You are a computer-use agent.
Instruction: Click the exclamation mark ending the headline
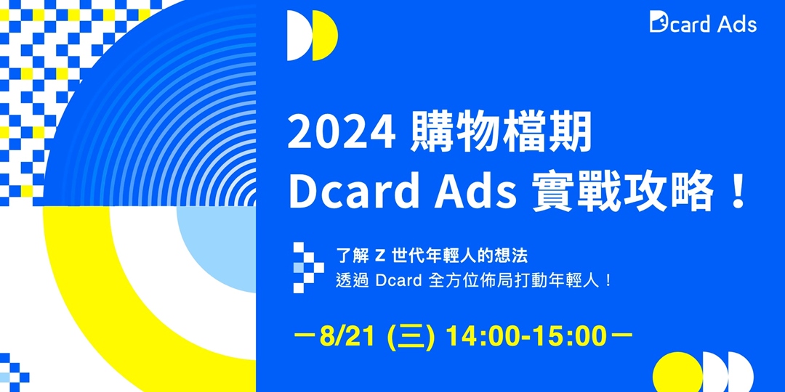[737, 192]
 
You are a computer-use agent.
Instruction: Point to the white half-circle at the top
[299, 36]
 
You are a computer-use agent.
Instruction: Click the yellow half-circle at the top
[326, 36]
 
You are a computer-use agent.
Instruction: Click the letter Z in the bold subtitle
[379, 256]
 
